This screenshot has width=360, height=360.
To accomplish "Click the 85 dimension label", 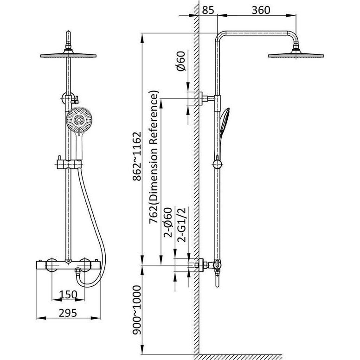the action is coord(208,10).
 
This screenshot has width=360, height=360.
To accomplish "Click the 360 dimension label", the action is coord(261,10).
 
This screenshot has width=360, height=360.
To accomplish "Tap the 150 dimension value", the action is coord(68,295).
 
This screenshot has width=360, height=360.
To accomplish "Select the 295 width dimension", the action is coord(68,313).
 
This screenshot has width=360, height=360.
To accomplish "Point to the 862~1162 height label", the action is coord(136,156).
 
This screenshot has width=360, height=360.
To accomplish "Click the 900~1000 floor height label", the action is coord(136,310).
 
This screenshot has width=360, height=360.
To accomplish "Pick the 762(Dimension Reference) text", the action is coord(154,157).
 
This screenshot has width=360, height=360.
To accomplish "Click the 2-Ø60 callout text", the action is coord(167,222).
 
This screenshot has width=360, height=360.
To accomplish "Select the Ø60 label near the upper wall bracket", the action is coord(180,61).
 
